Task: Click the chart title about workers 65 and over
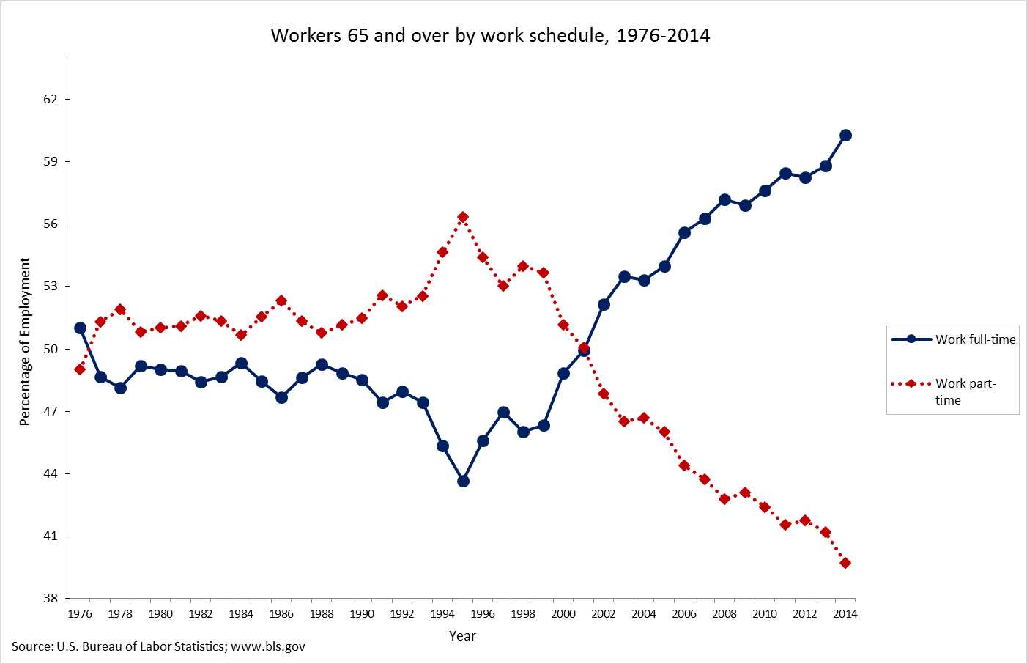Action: tap(490, 35)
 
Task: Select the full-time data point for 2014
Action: tap(845, 135)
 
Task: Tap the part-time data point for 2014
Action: tap(845, 563)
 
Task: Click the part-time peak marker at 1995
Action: tap(463, 217)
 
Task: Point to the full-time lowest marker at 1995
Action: tap(463, 481)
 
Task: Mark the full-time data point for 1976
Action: tap(80, 328)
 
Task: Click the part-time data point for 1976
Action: tap(80, 369)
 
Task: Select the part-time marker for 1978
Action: tap(120, 309)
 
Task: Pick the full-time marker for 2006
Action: tap(684, 232)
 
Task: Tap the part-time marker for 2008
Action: tap(724, 499)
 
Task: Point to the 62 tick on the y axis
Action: tap(50, 99)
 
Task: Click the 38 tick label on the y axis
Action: tap(50, 598)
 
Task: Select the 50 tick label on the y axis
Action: tap(50, 349)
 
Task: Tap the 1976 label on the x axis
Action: tap(80, 614)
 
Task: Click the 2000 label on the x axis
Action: tap(563, 614)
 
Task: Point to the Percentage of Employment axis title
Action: tap(25, 342)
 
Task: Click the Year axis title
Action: tap(462, 635)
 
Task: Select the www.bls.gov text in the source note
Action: tap(268, 646)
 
